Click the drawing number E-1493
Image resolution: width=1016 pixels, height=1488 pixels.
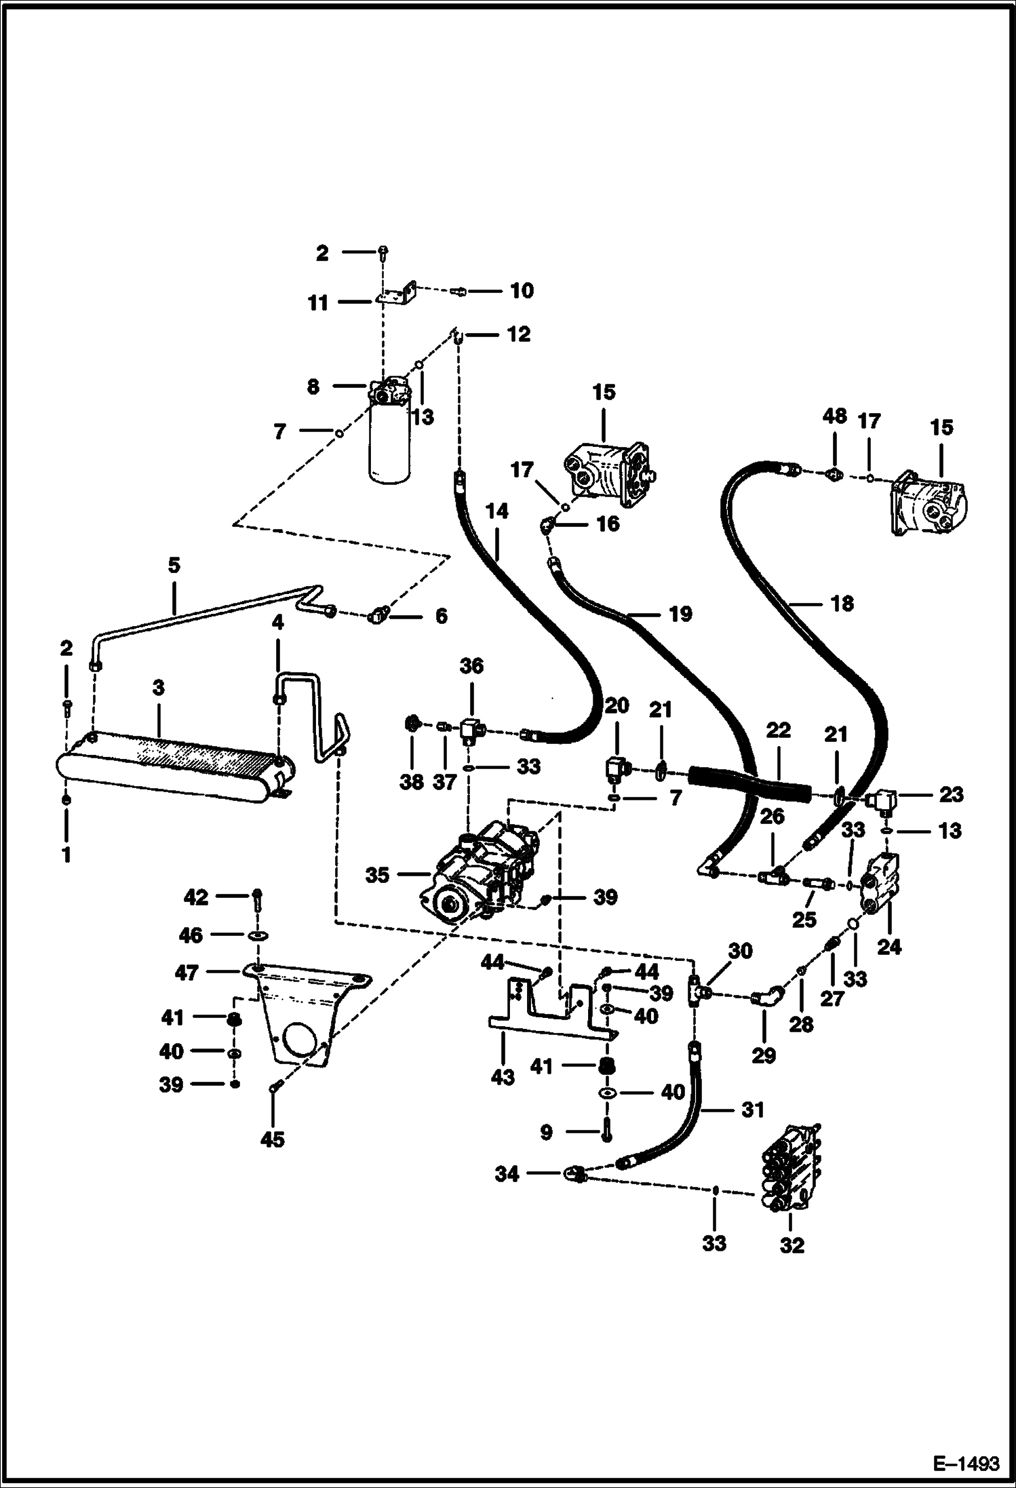tap(966, 1463)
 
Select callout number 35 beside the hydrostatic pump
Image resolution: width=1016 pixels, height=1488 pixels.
tap(377, 875)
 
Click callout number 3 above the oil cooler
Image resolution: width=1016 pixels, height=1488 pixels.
tap(158, 688)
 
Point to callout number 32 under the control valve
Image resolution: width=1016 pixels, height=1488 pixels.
tap(792, 1245)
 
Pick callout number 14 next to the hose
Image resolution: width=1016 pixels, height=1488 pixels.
tap(497, 511)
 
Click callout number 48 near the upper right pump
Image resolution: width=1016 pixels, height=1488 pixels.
tap(834, 416)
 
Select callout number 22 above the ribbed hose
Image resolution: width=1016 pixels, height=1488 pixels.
tap(778, 730)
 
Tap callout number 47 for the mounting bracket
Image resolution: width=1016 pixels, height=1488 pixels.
tap(187, 973)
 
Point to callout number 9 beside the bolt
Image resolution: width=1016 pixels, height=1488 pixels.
tap(547, 1132)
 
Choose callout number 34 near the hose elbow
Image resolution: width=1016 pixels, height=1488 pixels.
tap(507, 1174)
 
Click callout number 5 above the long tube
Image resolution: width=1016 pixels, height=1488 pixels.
tap(174, 566)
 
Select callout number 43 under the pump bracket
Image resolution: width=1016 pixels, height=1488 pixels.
tap(503, 1076)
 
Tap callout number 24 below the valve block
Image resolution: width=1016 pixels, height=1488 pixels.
tap(888, 946)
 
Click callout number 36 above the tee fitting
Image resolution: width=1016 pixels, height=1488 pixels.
tap(471, 666)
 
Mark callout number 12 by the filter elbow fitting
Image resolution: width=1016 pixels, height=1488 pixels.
tap(519, 334)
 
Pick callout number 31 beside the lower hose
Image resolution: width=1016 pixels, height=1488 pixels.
tap(752, 1110)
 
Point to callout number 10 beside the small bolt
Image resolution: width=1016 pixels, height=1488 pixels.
tap(522, 291)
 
